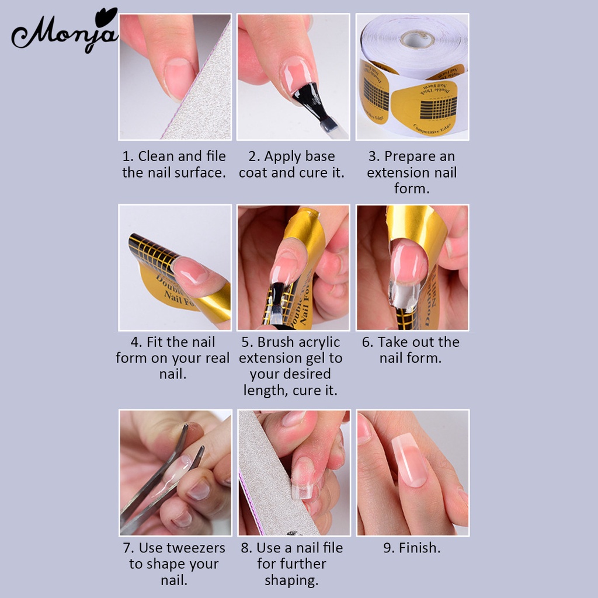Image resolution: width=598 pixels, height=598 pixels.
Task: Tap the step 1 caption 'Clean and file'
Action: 174,157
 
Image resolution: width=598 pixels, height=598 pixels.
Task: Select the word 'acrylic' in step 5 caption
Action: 314,342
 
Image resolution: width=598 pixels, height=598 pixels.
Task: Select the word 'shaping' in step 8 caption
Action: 291,580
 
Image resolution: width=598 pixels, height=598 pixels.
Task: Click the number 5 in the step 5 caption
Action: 246,342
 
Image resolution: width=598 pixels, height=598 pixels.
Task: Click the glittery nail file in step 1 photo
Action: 201,99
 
